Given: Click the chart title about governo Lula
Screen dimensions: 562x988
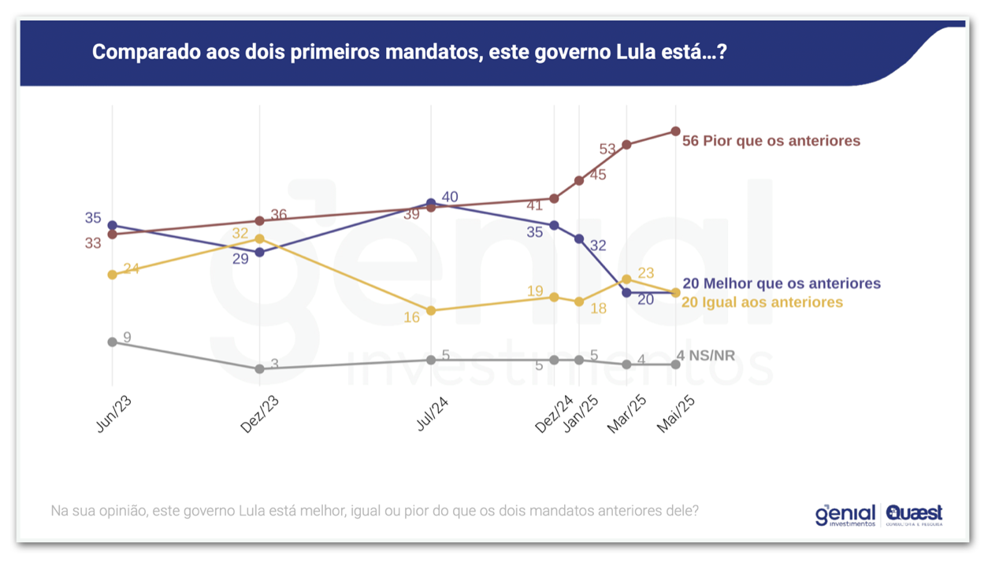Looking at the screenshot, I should pos(408,53).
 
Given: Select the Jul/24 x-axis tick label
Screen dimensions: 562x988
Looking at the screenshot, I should pos(432,412).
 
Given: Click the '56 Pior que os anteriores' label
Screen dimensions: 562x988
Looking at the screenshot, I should pos(771,141).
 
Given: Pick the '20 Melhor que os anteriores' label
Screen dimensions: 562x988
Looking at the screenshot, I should pos(781,283).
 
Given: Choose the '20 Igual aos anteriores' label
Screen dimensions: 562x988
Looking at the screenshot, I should pos(762,302).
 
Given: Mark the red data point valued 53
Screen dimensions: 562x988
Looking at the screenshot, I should pos(626,145).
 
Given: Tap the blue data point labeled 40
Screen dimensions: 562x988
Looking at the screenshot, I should pos(431,203).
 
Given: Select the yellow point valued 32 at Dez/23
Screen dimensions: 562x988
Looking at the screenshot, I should pos(259,238).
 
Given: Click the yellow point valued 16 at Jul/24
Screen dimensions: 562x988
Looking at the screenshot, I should pos(431,311).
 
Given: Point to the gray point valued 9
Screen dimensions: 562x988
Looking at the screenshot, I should pos(112,342).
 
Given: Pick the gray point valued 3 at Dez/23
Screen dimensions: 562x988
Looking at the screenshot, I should pos(259,368).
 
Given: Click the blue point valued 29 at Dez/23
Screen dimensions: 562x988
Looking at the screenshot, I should pos(259,252).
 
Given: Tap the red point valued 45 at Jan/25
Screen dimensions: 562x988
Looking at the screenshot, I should pos(579,180).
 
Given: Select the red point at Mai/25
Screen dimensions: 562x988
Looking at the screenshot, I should pos(675,131).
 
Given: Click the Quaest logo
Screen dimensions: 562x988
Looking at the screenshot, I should pos(914,515).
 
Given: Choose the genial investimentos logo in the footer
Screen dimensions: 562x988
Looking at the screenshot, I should pos(845,515).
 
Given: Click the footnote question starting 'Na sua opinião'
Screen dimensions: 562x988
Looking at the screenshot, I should pos(374,511).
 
